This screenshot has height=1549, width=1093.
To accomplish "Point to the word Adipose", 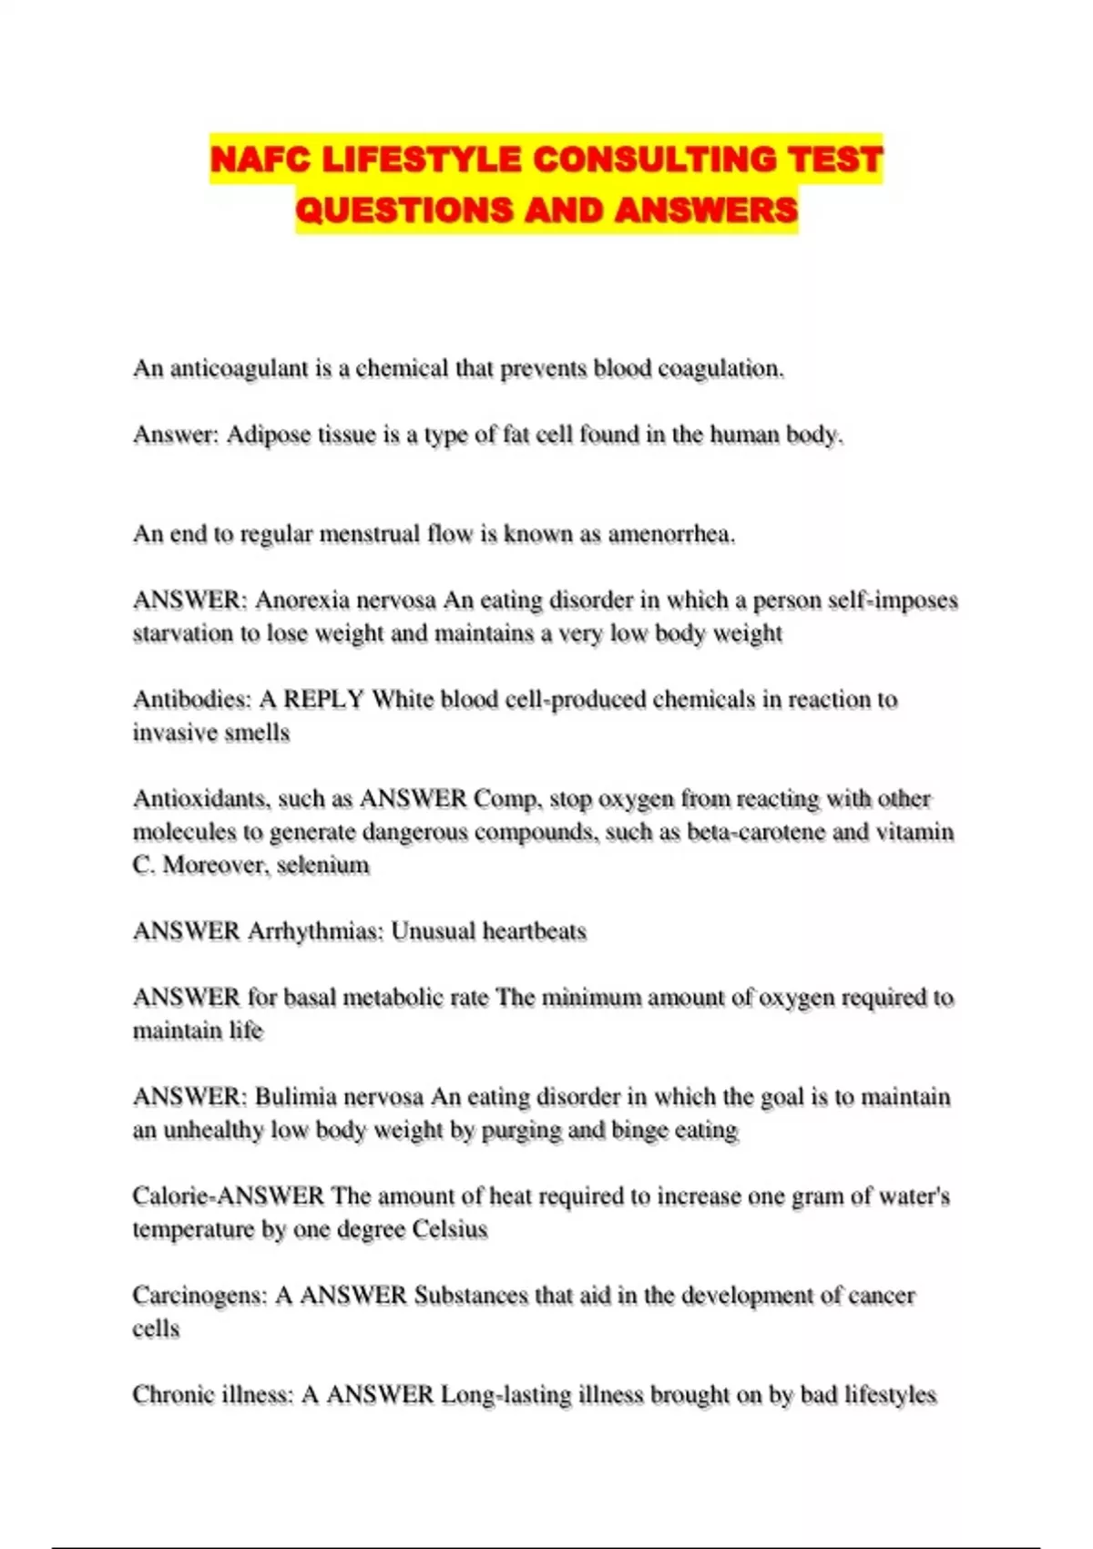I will tap(268, 436).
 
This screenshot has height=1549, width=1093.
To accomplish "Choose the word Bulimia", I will tap(297, 1097).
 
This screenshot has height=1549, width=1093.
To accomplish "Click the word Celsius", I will tap(449, 1230).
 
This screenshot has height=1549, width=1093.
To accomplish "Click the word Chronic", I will tap(169, 1395).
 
